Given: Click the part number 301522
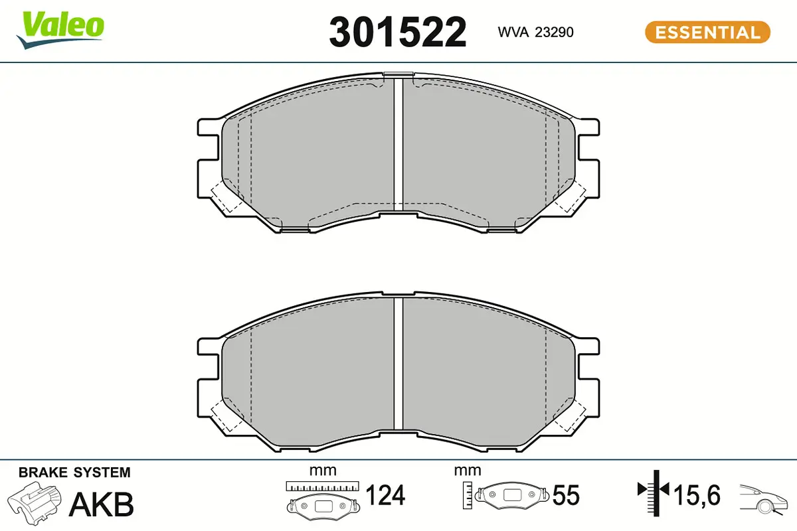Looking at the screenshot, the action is coord(397,33).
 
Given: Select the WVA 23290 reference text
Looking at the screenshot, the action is coord(535,32).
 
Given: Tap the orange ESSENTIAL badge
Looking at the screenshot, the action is coord(708,33).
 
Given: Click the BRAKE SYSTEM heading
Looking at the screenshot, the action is coord(74,473).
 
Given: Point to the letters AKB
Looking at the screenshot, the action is coord(102,504).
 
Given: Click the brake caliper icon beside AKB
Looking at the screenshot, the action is coord(34,503).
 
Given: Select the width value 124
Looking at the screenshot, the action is coord(385,494).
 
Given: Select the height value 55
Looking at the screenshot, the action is coord(566,495).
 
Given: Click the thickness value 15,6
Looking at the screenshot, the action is coord(697,495).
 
